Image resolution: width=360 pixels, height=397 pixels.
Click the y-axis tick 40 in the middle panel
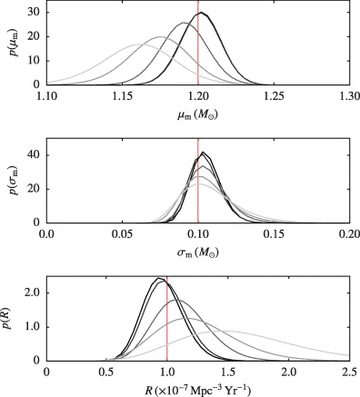tap(32, 154)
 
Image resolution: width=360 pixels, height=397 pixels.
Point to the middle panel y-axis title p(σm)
tap(10, 182)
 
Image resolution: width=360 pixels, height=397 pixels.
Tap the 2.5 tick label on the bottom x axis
tap(349, 372)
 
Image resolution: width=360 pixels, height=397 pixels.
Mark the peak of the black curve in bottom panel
tap(158, 278)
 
